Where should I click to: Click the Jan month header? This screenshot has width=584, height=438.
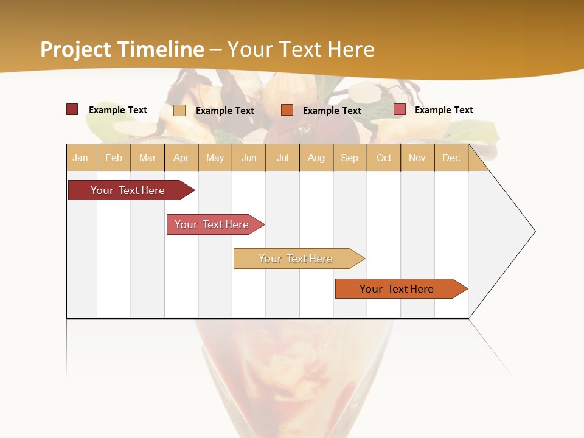click(81, 158)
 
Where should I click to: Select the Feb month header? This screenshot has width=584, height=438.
click(114, 158)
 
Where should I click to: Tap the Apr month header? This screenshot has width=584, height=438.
click(181, 158)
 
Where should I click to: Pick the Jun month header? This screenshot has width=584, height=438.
click(249, 158)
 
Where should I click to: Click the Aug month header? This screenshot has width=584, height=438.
click(316, 158)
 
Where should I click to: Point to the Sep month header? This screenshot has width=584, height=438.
click(350, 158)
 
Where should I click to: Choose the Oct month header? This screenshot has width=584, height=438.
click(384, 158)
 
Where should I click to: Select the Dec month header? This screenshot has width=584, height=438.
click(451, 158)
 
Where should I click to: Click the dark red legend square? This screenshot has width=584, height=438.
click(72, 109)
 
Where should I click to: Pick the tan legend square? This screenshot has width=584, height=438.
click(179, 110)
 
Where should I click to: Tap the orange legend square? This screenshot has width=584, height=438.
click(287, 109)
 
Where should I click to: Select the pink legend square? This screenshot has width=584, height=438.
click(400, 109)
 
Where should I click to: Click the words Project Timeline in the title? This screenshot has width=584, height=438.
click(122, 49)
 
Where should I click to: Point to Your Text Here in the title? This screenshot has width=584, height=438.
click(301, 49)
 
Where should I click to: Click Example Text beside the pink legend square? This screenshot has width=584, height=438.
click(443, 110)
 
